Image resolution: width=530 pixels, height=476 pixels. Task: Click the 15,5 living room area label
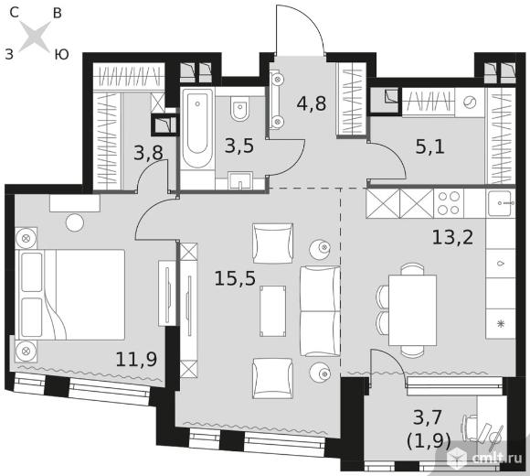(x=235, y=279)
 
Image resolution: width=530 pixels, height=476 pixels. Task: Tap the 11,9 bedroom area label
(x=136, y=360)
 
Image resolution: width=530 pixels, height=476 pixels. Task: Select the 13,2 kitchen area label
(x=453, y=237)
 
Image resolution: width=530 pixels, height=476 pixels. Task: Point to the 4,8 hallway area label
(x=312, y=103)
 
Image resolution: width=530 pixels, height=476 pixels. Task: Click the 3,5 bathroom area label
(x=239, y=146)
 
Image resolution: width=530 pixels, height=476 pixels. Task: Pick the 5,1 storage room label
(x=430, y=147)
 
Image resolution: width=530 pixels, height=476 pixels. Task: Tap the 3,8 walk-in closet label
(x=148, y=153)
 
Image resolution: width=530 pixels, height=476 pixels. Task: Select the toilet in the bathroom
(x=239, y=108)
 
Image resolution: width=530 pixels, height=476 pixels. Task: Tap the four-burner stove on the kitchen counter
(x=449, y=203)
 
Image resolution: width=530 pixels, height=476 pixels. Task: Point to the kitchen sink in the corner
(x=501, y=203)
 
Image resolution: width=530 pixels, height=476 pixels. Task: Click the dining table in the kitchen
(x=412, y=310)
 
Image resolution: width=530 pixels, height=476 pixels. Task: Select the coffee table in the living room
(x=273, y=311)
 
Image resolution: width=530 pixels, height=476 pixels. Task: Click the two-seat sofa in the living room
(x=320, y=311)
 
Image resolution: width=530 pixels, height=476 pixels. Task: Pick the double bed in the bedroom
(x=70, y=295)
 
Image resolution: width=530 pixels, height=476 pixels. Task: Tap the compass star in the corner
(x=35, y=37)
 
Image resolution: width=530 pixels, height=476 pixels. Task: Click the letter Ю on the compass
(x=61, y=54)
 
